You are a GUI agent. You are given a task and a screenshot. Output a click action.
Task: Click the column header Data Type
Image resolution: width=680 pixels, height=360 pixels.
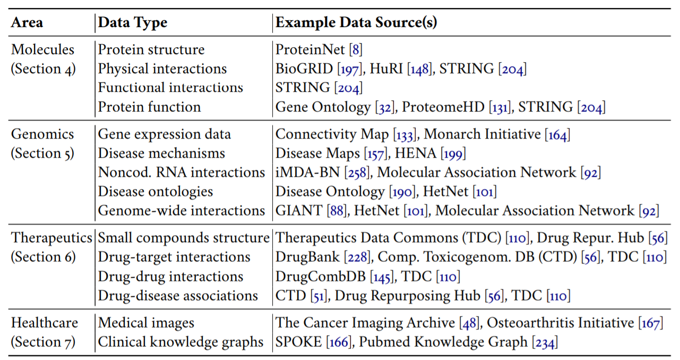point(132,23)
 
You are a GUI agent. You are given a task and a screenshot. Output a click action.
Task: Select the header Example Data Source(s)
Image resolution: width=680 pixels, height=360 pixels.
point(356,22)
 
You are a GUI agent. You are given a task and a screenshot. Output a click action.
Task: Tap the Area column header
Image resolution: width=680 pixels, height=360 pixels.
point(27,22)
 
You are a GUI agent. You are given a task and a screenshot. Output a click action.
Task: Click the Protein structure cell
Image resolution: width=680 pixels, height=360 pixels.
point(151,49)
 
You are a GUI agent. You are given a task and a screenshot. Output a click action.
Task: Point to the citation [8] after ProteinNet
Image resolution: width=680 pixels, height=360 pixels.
point(356,49)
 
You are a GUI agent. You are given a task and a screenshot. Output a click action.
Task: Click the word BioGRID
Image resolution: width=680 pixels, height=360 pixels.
point(304,68)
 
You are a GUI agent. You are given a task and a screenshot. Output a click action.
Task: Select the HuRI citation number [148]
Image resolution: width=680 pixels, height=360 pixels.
point(419,69)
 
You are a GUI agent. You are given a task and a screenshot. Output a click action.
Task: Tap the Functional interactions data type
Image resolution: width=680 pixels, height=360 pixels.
point(170,88)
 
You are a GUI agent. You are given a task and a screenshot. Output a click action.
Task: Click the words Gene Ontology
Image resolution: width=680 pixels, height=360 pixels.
point(323,107)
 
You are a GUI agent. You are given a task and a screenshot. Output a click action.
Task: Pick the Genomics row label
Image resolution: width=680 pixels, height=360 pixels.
point(42,134)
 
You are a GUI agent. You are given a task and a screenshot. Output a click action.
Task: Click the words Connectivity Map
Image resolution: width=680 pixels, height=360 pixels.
point(332,134)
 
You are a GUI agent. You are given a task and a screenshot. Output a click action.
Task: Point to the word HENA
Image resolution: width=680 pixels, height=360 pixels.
point(416,153)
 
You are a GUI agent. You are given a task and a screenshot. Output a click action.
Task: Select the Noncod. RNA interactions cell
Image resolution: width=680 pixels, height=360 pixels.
point(182,172)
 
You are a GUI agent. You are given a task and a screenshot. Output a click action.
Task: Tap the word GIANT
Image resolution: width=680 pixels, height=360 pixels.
point(299,210)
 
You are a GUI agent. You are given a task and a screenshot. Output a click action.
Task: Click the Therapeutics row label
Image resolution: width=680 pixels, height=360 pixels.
point(51,238)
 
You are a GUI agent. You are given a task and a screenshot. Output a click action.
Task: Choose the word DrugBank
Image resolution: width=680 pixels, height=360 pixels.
point(307,257)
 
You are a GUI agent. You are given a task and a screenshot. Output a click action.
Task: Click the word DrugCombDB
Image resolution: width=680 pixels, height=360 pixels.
point(321,276)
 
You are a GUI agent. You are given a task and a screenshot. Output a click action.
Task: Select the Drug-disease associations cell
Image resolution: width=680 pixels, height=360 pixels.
point(178,295)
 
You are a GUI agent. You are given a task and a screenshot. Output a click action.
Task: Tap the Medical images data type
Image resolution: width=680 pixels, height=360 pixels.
point(146,323)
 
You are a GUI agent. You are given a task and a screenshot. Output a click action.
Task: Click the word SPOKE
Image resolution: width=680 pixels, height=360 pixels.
point(299,342)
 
